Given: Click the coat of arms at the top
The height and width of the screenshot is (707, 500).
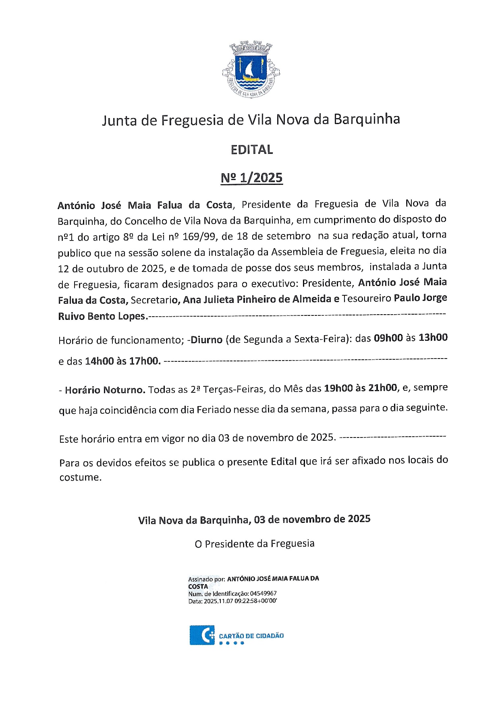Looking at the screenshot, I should pos(251,69).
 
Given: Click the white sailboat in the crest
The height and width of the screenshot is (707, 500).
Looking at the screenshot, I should pos(249,69).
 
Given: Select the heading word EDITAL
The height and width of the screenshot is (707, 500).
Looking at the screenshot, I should pos(252,150).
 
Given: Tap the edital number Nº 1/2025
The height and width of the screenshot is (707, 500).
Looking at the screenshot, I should pos(252,178).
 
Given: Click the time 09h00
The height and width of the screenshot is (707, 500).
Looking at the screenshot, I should pos(388,338).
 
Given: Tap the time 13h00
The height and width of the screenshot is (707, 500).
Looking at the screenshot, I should pos(433,337).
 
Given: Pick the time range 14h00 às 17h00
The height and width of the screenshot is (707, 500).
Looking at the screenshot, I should pos(122,361).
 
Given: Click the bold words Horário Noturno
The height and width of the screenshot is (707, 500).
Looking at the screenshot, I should pos(105,390).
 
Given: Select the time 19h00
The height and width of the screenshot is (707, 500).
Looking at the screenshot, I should pos(338,388).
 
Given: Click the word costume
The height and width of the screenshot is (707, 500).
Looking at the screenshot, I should pos(80,477).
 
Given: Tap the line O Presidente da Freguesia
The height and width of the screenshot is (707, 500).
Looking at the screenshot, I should pos(254,544).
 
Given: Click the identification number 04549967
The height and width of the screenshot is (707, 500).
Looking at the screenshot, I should pos(263,593).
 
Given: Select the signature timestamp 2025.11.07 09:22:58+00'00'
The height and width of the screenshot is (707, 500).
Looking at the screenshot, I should pos(240,601).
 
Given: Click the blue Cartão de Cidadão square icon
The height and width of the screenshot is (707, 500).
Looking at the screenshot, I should pos(202,635).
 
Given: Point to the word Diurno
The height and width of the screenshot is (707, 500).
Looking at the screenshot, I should pos(206,340).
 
